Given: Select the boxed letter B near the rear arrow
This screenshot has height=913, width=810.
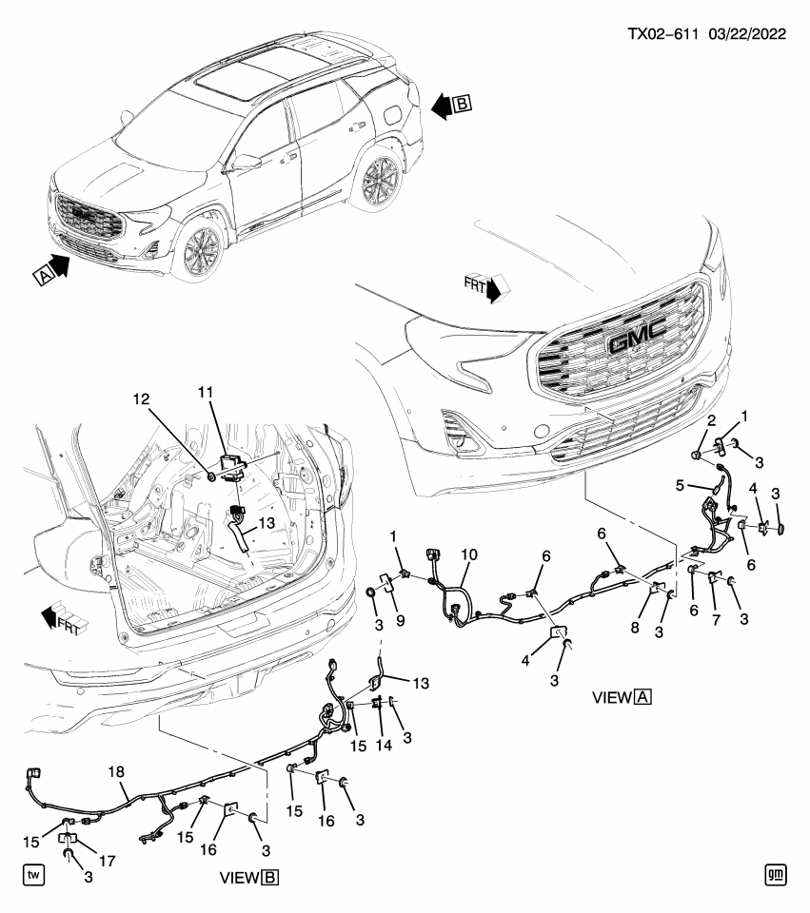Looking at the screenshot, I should coord(462,105).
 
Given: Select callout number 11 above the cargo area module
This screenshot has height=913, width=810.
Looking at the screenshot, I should coord(207,394).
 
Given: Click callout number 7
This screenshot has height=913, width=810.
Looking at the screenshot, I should coord(711,619).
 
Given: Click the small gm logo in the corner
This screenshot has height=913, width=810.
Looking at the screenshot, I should coord(777,873).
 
